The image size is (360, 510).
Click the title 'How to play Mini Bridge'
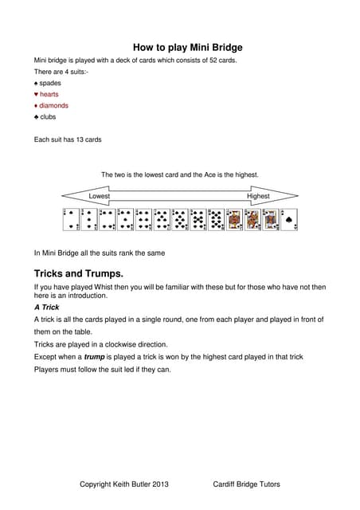(x=187, y=48)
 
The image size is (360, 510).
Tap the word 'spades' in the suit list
(x=50, y=83)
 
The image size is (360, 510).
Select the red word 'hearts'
(x=49, y=94)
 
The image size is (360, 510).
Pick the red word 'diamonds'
(x=54, y=105)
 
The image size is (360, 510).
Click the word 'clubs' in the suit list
(x=48, y=116)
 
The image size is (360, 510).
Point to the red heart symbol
(x=36, y=94)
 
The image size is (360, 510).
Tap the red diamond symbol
(x=36, y=105)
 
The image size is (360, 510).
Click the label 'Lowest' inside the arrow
(x=100, y=196)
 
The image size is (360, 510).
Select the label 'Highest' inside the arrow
(x=258, y=196)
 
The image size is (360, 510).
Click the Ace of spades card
(x=289, y=219)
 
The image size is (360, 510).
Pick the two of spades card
(x=71, y=219)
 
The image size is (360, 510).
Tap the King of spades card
(x=271, y=219)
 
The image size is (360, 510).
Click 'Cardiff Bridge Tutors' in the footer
(x=246, y=484)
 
